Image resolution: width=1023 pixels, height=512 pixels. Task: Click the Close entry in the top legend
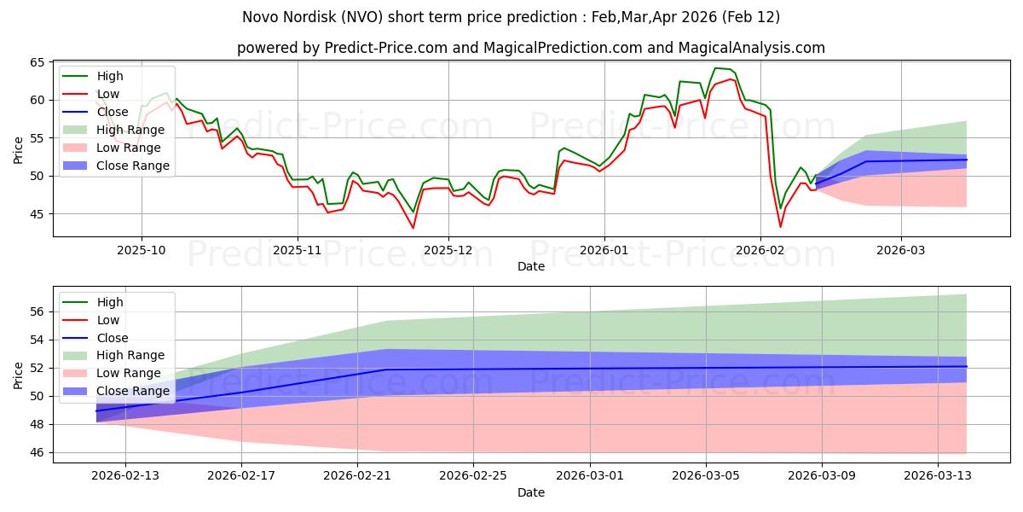[x=113, y=112]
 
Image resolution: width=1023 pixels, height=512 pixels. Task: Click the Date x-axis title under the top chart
[x=530, y=267]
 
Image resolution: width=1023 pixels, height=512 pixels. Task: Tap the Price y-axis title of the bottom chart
[x=18, y=375]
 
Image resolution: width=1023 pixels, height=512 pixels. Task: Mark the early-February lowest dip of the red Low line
[x=780, y=226]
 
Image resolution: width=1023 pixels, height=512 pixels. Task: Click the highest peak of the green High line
[x=715, y=68]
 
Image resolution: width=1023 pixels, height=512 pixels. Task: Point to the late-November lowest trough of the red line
[x=413, y=228]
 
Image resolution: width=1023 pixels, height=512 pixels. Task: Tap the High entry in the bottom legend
[x=110, y=302]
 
